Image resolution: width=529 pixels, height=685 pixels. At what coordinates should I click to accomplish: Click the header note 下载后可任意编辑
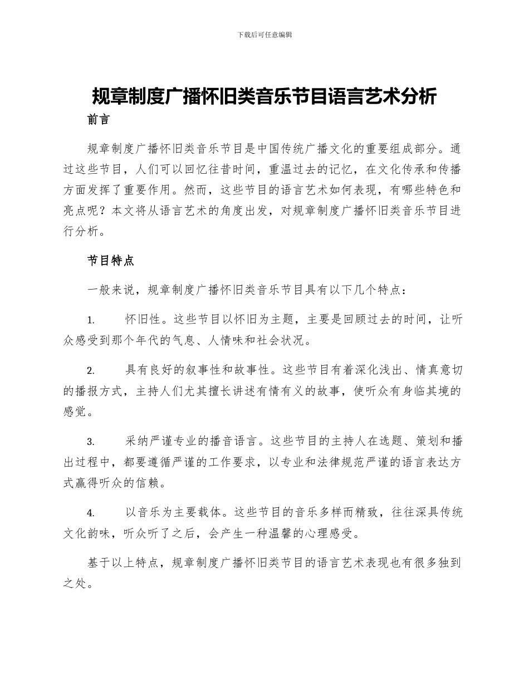pyautogui.click(x=264, y=35)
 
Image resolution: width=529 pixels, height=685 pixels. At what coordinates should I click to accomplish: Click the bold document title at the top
pyautogui.click(x=264, y=96)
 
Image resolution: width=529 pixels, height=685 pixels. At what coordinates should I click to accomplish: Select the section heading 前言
pyautogui.click(x=99, y=120)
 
